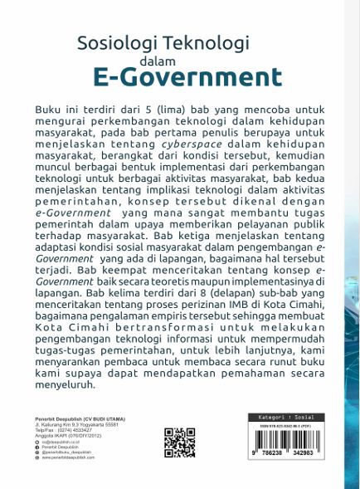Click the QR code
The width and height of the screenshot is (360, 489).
click(x=179, y=442)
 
